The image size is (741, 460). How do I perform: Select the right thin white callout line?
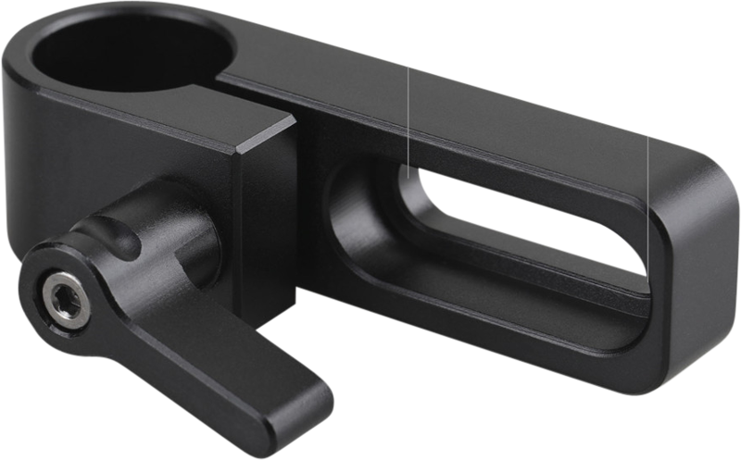pyautogui.click(x=647, y=167)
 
